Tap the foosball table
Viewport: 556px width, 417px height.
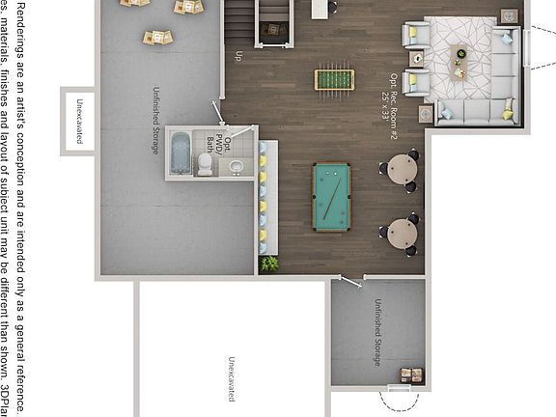(x=334, y=78)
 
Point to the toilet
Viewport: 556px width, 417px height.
(x=206, y=165)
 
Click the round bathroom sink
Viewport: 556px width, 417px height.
(x=236, y=167)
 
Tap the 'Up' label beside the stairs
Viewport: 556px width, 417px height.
(x=239, y=55)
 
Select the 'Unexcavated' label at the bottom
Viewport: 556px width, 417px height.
(x=231, y=379)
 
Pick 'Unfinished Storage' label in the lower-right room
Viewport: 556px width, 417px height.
(x=377, y=332)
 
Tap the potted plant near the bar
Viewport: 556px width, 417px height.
(x=270, y=263)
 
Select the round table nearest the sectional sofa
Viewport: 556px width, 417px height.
(x=401, y=170)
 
